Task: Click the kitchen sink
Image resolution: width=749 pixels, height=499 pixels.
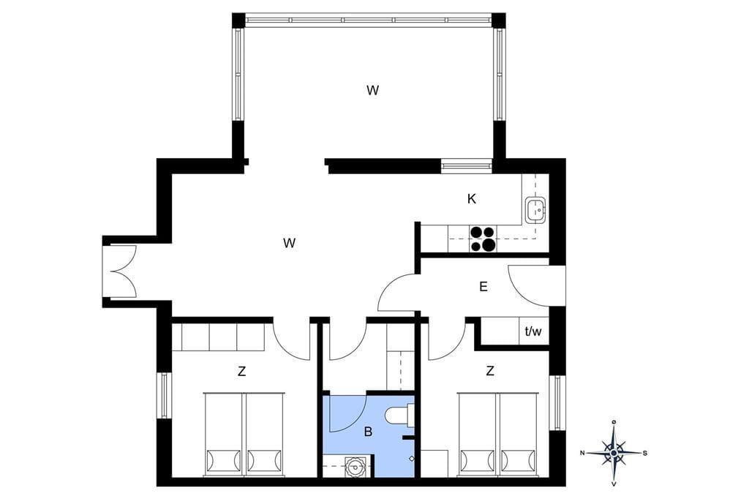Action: coord(536,209)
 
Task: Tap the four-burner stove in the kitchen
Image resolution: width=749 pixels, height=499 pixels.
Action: coord(482,239)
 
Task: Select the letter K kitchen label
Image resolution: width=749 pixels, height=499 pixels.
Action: coord(472,199)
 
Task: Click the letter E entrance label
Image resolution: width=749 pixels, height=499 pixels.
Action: coord(483,287)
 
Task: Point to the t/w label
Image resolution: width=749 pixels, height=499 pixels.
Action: coord(533,331)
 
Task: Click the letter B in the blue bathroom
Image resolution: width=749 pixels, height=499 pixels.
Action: coord(368,432)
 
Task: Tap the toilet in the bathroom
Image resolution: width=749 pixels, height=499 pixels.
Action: coord(399,414)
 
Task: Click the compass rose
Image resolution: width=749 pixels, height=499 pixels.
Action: coord(614,453)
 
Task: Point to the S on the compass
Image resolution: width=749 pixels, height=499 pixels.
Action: coord(645,453)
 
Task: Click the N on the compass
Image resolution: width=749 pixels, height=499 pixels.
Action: coord(583,453)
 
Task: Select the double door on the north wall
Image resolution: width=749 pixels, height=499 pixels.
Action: coord(121,271)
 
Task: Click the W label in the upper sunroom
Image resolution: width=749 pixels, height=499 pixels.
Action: coord(372,90)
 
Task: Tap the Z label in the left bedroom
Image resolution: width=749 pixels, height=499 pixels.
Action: coord(241,372)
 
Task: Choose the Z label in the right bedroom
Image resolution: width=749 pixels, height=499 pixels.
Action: coord(489,370)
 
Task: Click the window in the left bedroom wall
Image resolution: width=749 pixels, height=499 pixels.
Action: coord(165,395)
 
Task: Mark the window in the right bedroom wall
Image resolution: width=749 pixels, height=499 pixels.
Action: coord(557,403)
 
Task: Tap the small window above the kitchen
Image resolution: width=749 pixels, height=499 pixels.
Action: coord(466,166)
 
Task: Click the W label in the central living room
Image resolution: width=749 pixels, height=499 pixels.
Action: coord(289,244)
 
